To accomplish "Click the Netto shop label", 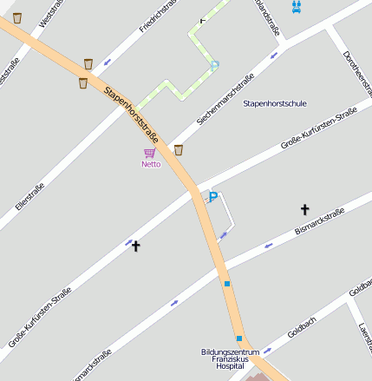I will coord(151,163).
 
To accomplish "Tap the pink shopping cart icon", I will coord(149,153).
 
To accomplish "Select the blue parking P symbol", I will coord(213,198).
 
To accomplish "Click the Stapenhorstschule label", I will coord(275,103).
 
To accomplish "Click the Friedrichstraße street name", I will coord(158,16).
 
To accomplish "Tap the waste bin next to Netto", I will coord(179,150).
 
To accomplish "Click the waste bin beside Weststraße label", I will coord(17,17).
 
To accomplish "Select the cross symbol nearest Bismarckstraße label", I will coord(304,209).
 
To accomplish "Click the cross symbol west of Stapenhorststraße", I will coord(135,246).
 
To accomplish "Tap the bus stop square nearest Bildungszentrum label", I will coord(238,338).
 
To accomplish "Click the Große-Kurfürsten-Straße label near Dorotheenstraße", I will coord(319,128).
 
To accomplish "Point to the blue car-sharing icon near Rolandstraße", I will coord(297,7).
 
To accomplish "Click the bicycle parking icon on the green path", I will coord(214,64).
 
